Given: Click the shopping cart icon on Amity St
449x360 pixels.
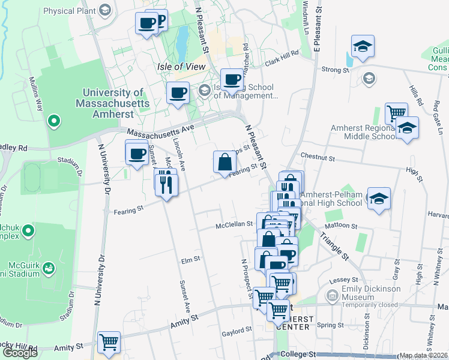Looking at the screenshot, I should click(109, 343).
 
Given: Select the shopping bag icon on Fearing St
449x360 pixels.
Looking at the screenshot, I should click(224, 162).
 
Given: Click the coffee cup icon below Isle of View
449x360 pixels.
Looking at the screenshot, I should click(178, 93).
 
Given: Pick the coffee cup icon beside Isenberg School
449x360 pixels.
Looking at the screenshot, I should click(232, 79).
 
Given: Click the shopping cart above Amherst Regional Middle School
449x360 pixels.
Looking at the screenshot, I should click(396, 113).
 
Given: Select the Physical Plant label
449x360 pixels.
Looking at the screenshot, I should click(67, 10).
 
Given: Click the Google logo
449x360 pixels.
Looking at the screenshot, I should click(20, 353).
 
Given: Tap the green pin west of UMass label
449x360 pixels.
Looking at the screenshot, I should click(53, 122).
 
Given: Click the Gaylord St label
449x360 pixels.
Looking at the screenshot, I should click(236, 331).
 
